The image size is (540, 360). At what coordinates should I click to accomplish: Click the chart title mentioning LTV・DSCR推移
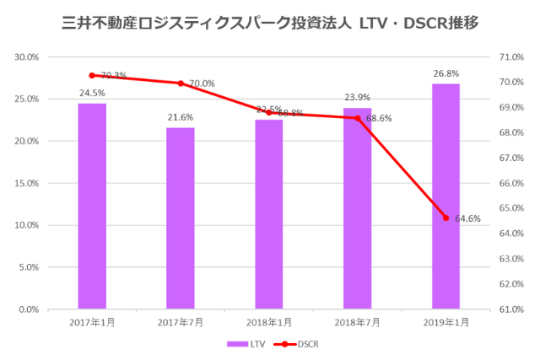point(270,23)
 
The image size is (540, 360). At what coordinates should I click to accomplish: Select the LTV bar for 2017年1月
point(92,206)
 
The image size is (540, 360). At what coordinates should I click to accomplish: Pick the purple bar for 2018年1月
point(269,214)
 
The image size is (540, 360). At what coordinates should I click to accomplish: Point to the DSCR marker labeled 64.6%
point(445,218)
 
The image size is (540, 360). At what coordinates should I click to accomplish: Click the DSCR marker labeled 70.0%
point(180,83)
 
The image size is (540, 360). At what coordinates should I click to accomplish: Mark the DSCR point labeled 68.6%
point(357,118)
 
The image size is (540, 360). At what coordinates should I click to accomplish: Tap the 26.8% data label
point(445,73)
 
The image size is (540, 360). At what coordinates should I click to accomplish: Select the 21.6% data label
point(180,116)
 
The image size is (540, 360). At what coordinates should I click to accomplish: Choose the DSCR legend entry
point(295,344)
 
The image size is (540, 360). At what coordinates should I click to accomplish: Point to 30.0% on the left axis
point(27,57)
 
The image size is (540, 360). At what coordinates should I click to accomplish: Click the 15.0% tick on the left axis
point(27,183)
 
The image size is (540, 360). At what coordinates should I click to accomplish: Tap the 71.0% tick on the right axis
point(513,57)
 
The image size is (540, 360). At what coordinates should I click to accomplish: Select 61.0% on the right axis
point(513,309)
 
